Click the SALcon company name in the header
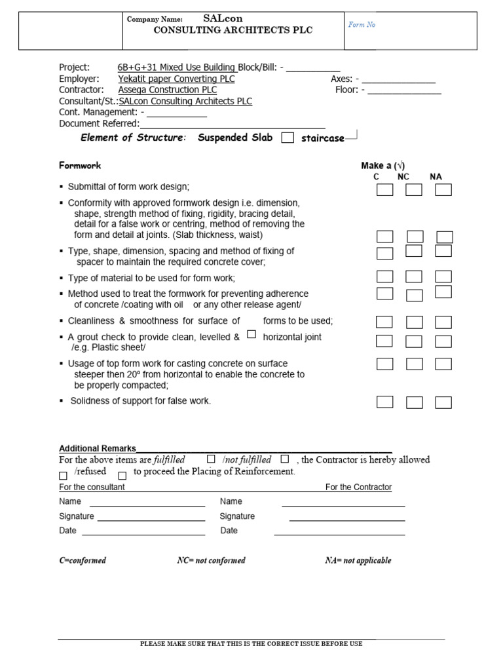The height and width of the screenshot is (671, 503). click(223, 19)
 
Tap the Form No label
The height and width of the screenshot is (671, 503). click(362, 25)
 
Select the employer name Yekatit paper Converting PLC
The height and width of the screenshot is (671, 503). click(176, 79)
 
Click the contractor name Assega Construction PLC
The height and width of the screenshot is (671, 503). click(168, 90)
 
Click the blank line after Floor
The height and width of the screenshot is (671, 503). click(404, 91)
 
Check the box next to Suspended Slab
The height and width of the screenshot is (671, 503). click(287, 138)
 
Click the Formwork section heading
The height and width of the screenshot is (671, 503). click(80, 166)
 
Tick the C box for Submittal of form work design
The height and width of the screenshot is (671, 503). click(384, 190)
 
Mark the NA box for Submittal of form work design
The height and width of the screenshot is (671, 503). click(443, 190)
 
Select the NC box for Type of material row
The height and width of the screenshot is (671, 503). click(414, 277)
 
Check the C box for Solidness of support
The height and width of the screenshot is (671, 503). click(384, 402)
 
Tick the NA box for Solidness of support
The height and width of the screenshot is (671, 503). click(443, 402)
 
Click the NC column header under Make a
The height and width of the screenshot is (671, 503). click(403, 177)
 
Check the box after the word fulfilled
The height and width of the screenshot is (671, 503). click(211, 459)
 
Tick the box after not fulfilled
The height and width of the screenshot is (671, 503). click(284, 459)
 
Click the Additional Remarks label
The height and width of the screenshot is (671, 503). click(98, 448)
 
